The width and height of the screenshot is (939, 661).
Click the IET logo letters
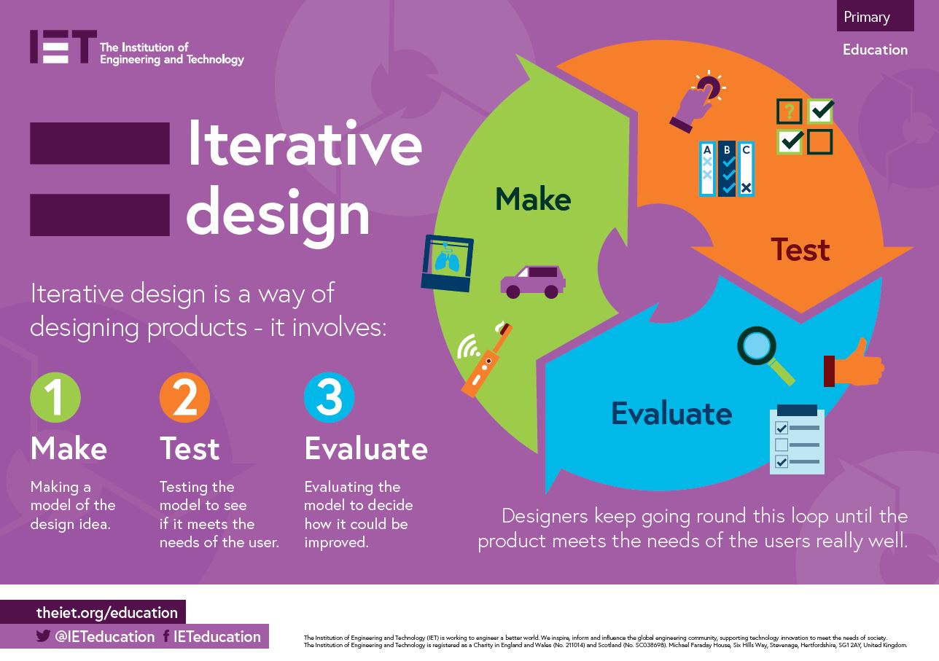(x=62, y=47)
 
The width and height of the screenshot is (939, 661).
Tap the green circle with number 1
(x=55, y=398)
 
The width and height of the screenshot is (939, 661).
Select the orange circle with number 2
(x=184, y=398)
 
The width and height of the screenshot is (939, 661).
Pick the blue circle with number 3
(x=329, y=398)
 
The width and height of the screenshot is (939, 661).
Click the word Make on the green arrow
(x=533, y=199)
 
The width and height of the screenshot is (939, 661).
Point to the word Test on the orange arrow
(x=800, y=250)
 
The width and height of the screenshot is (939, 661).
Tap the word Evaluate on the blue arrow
(x=671, y=413)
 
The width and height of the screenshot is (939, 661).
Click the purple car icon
(x=532, y=282)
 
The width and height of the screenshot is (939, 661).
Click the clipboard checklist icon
(x=798, y=440)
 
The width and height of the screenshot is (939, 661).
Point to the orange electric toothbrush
(x=485, y=361)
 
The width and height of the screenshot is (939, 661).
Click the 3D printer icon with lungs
(x=447, y=263)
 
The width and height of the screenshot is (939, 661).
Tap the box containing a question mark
(x=789, y=112)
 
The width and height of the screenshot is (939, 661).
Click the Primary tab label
(x=867, y=17)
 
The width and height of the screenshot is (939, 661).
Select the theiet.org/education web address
(x=107, y=613)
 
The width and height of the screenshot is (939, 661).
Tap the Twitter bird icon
(x=43, y=636)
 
